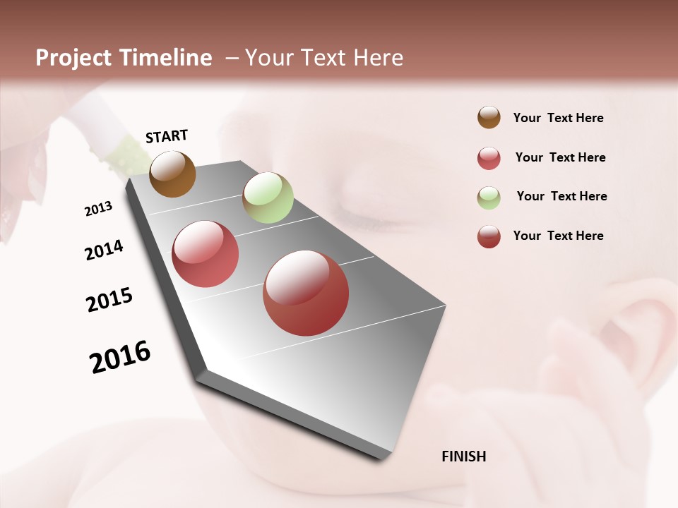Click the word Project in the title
[x=73, y=58]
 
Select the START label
[x=167, y=136]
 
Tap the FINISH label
[x=463, y=456]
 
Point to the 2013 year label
[x=98, y=209]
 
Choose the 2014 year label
[x=104, y=250]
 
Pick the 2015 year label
[x=109, y=300]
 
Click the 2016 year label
[x=120, y=356]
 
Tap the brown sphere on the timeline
[x=172, y=174]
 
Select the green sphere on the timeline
[x=268, y=197]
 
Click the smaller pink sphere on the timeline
[x=206, y=254]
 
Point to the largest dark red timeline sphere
[x=306, y=293]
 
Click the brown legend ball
[x=489, y=117]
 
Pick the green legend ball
[x=489, y=198]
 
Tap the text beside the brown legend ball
[x=558, y=118]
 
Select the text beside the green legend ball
[x=561, y=196]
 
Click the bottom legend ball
[x=489, y=236]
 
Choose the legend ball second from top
[x=489, y=158]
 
